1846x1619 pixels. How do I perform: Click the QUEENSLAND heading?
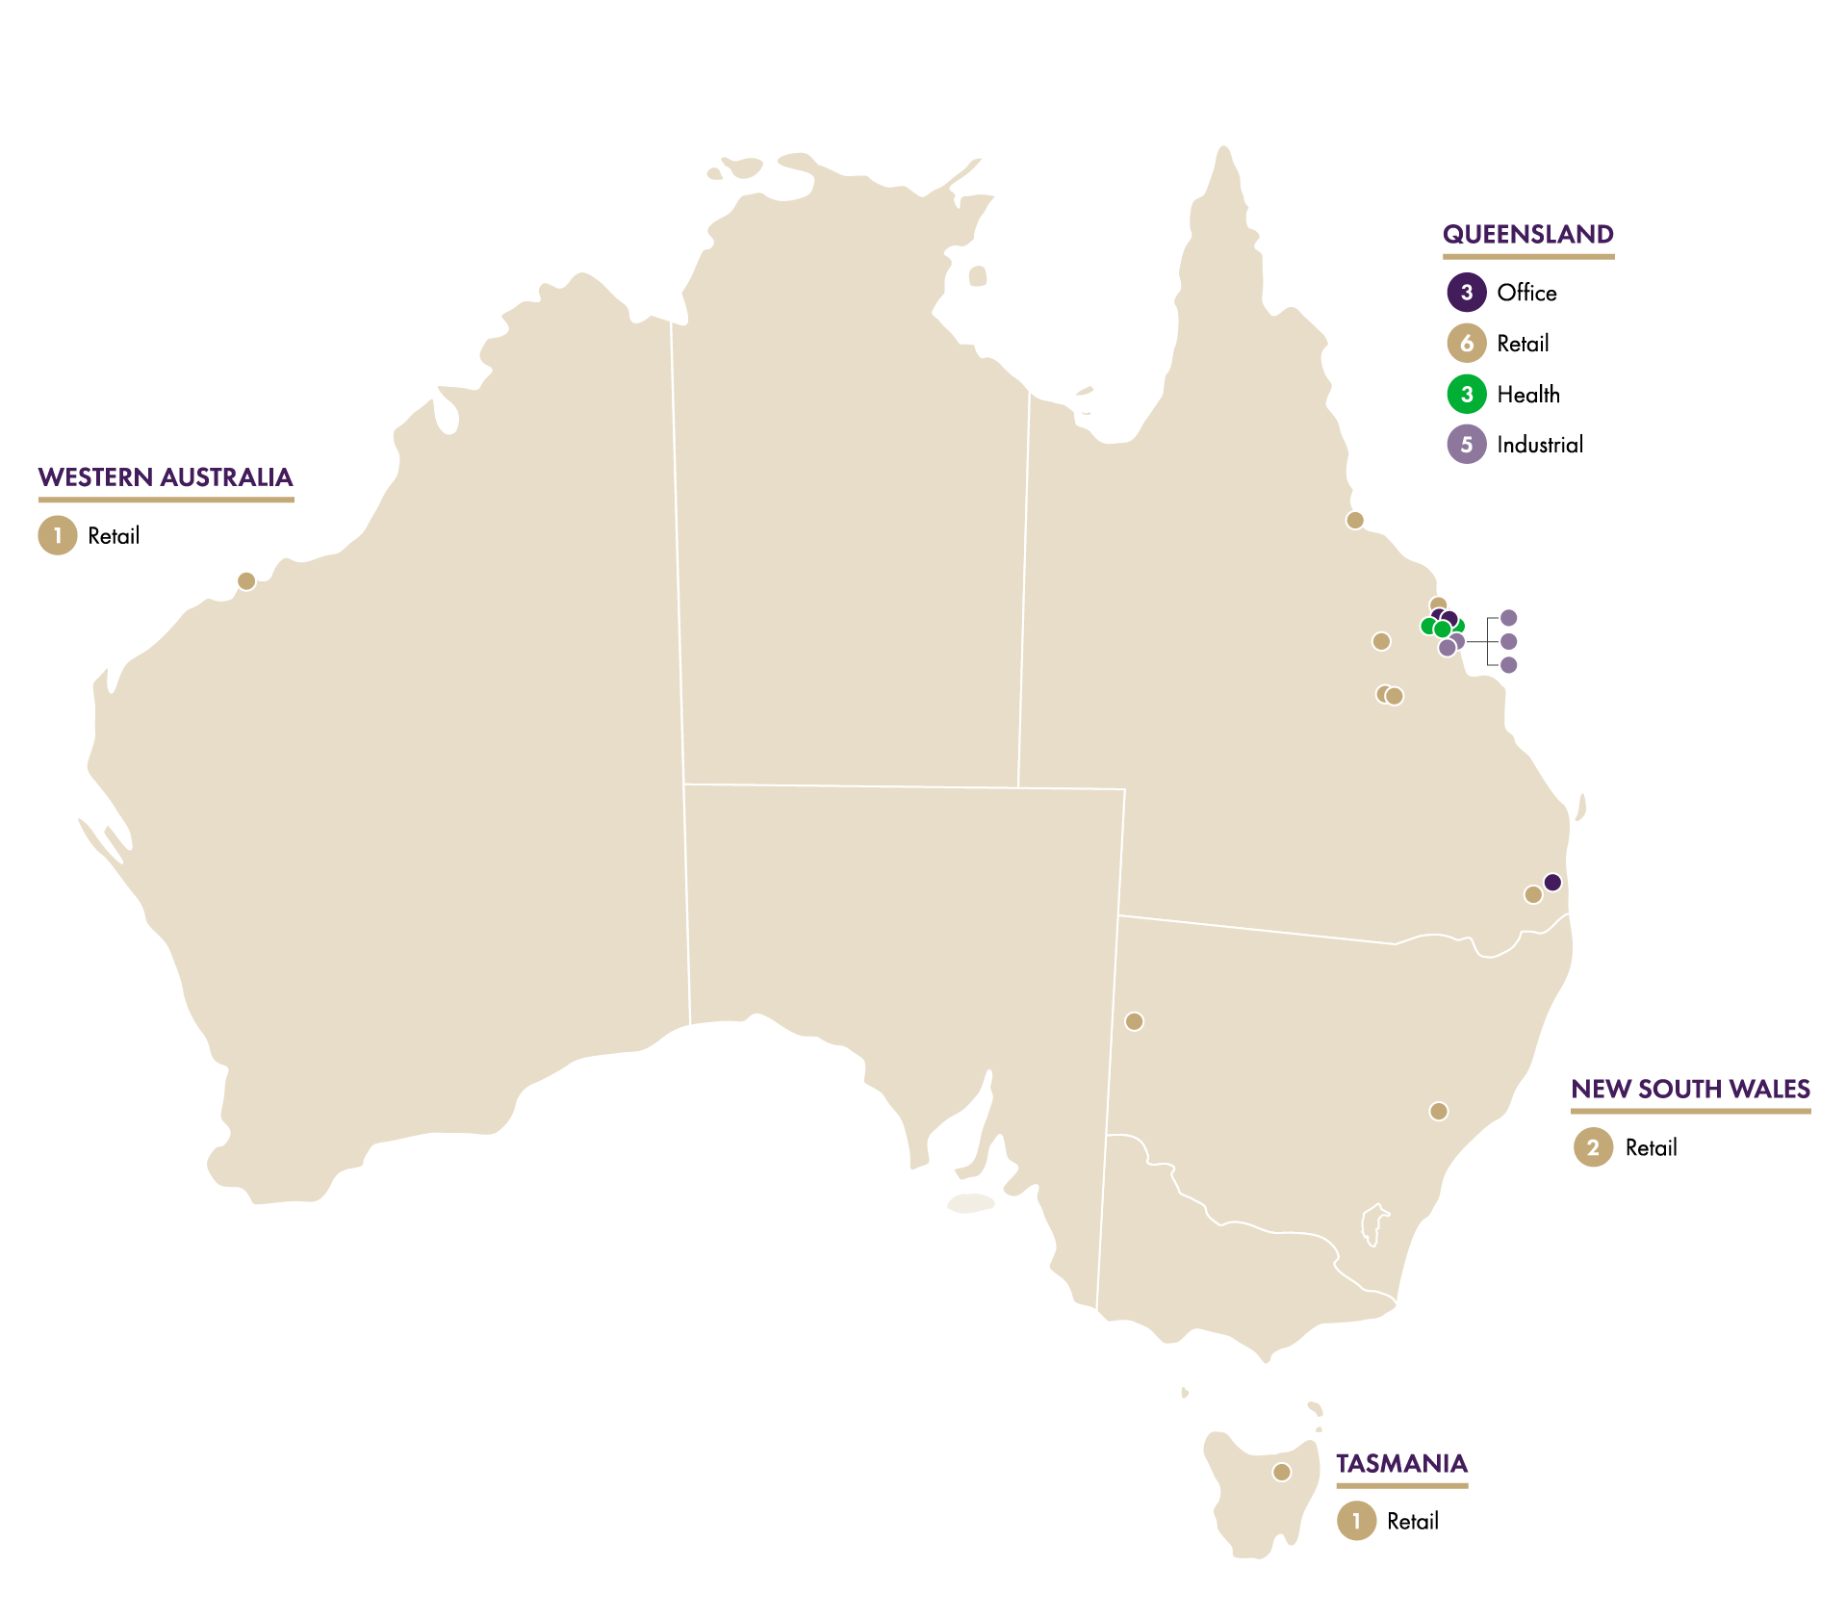(x=1527, y=234)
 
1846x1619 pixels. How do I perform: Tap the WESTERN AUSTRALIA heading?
(x=166, y=477)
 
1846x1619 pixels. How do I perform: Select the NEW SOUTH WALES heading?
(x=1690, y=1089)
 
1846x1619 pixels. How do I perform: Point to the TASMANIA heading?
(x=1401, y=1463)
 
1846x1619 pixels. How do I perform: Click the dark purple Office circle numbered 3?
(x=1466, y=293)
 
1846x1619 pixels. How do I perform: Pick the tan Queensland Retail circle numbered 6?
(x=1466, y=343)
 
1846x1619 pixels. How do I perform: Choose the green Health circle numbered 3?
(x=1466, y=394)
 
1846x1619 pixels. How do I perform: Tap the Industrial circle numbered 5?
(x=1466, y=444)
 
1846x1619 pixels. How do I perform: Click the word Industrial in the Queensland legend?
(x=1539, y=445)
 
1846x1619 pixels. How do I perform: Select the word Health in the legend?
(x=1527, y=394)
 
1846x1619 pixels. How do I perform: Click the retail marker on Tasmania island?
(x=1281, y=1472)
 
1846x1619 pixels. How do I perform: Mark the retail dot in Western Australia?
(x=246, y=581)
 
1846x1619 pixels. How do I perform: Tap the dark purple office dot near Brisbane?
(x=1552, y=883)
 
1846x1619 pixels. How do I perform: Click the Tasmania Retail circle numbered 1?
(x=1356, y=1521)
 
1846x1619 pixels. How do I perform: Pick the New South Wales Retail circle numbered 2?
(x=1593, y=1147)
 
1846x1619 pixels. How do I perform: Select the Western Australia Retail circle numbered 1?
(x=58, y=536)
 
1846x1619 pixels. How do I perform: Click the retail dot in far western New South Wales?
(x=1134, y=1021)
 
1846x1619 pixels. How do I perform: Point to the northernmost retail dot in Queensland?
(x=1355, y=521)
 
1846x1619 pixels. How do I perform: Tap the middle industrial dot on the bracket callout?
(x=1509, y=641)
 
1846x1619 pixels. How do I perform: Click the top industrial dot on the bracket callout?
(x=1509, y=618)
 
